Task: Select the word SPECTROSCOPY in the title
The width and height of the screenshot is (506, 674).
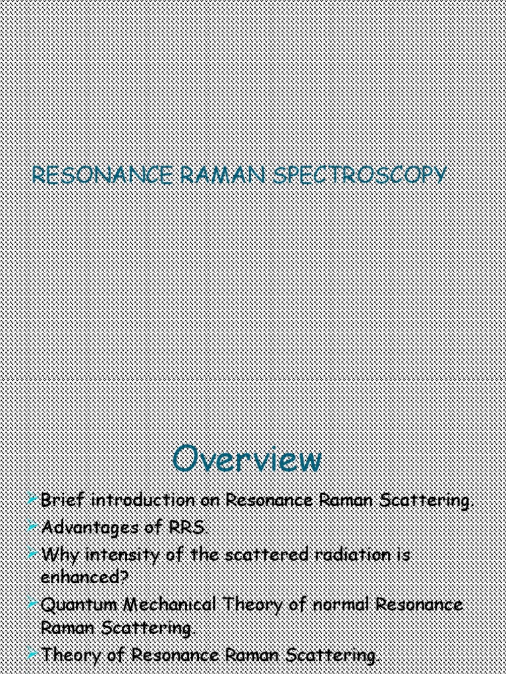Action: pyautogui.click(x=358, y=176)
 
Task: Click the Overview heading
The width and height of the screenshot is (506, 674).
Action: pyautogui.click(x=247, y=459)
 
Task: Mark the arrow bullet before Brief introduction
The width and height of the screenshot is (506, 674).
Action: pyautogui.click(x=33, y=500)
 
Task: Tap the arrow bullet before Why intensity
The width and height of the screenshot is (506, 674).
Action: pyautogui.click(x=33, y=554)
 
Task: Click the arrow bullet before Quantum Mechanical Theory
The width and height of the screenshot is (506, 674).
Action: pyautogui.click(x=33, y=604)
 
